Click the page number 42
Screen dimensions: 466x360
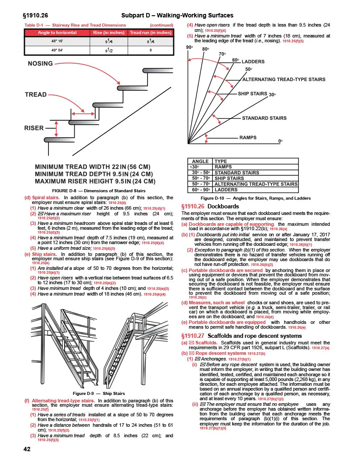[27, 450]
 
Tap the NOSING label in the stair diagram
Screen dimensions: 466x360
[40, 64]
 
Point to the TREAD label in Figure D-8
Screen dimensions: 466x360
[36, 94]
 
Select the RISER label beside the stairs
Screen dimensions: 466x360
[34, 128]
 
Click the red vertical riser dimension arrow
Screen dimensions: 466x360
[56, 129]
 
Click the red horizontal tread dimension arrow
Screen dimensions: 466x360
[83, 114]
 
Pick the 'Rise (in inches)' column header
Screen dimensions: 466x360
[109, 33]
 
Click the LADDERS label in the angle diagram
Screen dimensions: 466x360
[256, 61]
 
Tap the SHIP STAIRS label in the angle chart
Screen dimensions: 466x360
[252, 94]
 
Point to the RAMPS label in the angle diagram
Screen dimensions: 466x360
[251, 137]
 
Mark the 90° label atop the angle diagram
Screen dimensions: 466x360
[189, 48]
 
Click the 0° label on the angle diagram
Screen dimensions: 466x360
[281, 141]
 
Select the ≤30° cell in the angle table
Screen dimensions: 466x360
[193, 167]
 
